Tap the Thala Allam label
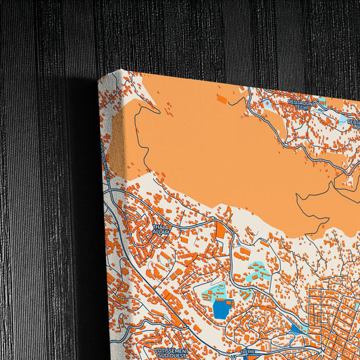tap(162, 229)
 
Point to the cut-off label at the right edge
tap(354, 123)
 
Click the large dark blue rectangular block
tap(222, 309)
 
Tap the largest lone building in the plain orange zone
tap(222, 99)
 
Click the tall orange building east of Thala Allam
tap(220, 230)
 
